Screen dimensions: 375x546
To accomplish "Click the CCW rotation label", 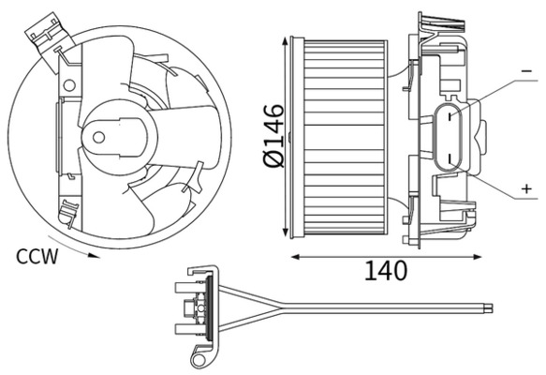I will click(37, 255).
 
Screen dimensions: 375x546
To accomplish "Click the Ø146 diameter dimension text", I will click(273, 137).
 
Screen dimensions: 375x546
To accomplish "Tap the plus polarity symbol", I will click(525, 189).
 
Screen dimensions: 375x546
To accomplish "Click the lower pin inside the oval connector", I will click(450, 154).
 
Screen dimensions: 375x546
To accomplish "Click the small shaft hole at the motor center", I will click(98, 137).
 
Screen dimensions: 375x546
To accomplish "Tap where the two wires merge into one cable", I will click(284, 305).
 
